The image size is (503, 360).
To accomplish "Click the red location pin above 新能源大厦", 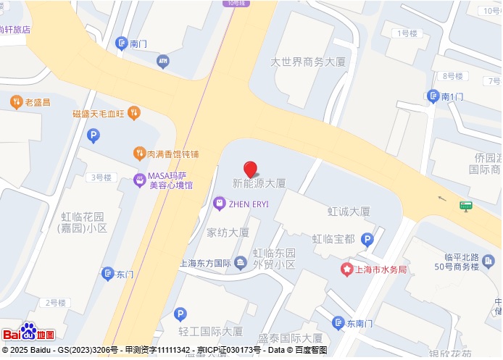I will coord(250,169).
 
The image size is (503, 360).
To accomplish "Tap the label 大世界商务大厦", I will coord(308,62).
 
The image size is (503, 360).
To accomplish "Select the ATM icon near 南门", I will coord(162,62).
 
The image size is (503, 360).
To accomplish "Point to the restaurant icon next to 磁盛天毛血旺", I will coord(133,113).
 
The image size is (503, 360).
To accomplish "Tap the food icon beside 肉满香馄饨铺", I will coord(139,154).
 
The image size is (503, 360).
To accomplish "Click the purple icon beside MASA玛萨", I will coord(139,180).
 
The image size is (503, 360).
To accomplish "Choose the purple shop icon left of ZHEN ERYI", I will coord(220,204).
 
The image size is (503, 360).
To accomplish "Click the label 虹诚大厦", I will coord(349,212).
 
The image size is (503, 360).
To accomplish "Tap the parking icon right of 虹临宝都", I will coord(367,239).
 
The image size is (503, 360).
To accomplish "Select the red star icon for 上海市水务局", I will coord(346,269).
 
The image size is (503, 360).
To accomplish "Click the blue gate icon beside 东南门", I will coord(338,323).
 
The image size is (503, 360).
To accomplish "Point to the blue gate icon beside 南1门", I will coord(433,96).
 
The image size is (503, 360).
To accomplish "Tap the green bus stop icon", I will coord(466,206).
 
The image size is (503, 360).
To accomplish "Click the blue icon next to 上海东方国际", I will coord(241,263).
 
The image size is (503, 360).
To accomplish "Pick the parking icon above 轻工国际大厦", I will coord(180,314).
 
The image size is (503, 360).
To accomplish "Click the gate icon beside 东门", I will coord(107,274).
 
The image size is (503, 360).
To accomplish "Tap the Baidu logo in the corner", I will coord(28,333).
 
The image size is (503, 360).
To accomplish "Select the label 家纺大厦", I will coord(228,233).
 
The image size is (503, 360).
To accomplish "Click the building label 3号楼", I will coord(100,177).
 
